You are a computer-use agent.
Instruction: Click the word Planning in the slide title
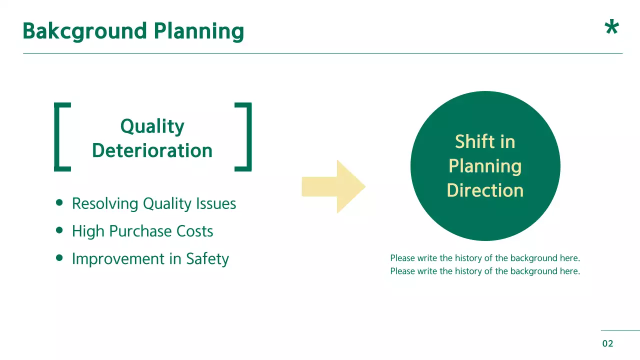pos(199,31)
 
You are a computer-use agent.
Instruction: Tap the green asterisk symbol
pos(611,28)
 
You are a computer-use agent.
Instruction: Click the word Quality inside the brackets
pos(152,127)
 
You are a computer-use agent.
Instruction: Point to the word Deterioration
pos(152,150)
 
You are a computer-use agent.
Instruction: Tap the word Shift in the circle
pos(469,142)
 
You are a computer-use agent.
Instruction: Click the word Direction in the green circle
pos(485,190)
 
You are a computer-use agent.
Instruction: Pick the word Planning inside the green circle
pos(485,166)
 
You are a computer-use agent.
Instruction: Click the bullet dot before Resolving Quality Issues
pos(60,203)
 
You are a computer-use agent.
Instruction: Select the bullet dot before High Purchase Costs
pos(60,230)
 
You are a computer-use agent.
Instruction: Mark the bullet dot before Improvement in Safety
pos(60,258)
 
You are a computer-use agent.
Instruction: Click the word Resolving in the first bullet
pos(105,204)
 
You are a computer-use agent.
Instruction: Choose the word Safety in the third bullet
pos(207,259)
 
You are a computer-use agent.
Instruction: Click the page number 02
pos(607,343)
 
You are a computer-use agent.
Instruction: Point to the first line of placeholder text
pos(485,258)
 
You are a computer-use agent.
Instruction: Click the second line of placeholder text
pos(485,271)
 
